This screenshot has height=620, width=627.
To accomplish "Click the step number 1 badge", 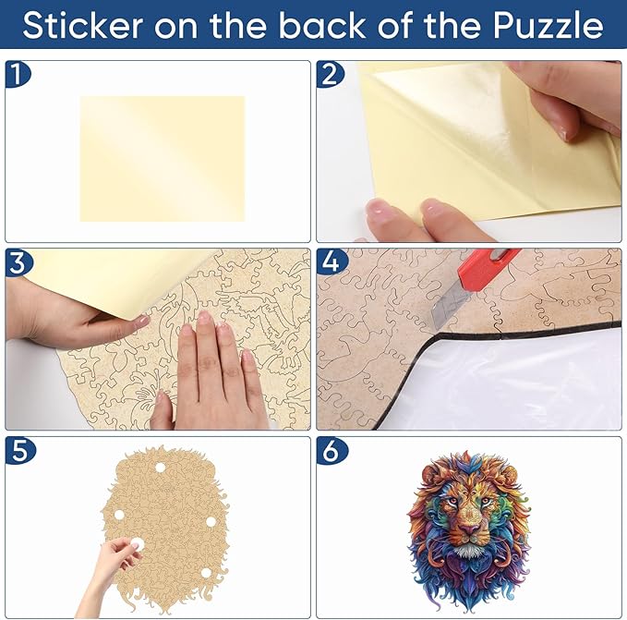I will tap(18, 75).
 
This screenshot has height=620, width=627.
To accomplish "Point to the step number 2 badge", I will tap(329, 75).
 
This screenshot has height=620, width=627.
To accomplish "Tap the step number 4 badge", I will tap(329, 261).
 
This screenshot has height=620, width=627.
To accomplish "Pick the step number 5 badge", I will tap(18, 450).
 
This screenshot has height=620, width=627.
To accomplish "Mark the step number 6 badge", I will tap(329, 450).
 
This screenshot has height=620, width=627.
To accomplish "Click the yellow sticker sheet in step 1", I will tap(163, 158).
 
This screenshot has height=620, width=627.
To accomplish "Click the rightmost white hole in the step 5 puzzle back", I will tap(210, 522).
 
